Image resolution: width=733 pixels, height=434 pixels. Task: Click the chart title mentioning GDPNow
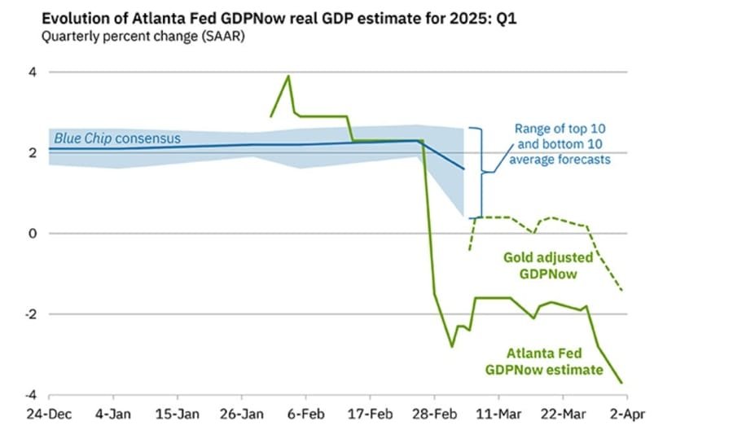268,18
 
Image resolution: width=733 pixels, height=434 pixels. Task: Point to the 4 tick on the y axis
32,72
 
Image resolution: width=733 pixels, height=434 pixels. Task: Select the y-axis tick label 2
32,153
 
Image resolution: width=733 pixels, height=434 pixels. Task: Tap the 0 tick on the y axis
32,234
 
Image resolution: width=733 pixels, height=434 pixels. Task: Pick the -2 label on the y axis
29,314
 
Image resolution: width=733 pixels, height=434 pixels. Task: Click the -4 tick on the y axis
29,394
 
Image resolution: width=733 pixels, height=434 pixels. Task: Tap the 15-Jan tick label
177,413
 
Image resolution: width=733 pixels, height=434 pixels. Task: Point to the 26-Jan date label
243,413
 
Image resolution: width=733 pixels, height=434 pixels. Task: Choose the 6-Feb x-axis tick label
305,413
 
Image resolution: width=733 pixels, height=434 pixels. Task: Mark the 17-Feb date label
369,413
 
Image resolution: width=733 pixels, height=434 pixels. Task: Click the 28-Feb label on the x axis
434,413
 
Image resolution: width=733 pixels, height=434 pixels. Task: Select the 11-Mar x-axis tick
498,413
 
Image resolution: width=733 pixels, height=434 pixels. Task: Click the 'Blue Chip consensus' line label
117,138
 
